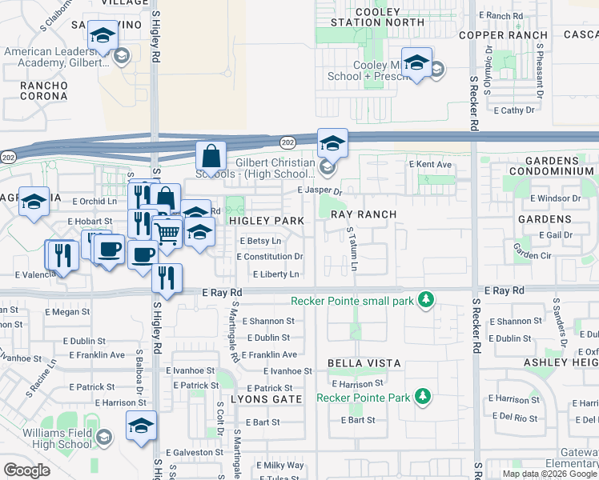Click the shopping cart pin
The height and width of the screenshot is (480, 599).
[167, 234]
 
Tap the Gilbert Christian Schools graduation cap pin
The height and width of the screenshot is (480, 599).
[332, 144]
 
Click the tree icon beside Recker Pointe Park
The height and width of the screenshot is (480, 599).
[422, 397]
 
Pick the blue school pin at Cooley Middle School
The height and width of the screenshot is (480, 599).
[416, 63]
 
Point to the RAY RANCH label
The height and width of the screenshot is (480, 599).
[364, 214]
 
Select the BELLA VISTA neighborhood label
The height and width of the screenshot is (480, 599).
[364, 363]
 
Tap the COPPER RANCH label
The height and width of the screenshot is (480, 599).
[503, 35]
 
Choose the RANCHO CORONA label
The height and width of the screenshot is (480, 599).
[33, 90]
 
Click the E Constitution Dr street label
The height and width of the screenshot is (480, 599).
[270, 257]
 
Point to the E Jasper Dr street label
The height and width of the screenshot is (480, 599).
[320, 191]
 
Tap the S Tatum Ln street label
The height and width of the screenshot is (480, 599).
[350, 247]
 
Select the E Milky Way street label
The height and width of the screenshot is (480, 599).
[280, 466]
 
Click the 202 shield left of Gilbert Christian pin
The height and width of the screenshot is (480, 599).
[287, 142]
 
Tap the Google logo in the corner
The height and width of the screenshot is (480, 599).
[26, 470]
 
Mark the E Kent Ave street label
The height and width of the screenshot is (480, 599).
[430, 165]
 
